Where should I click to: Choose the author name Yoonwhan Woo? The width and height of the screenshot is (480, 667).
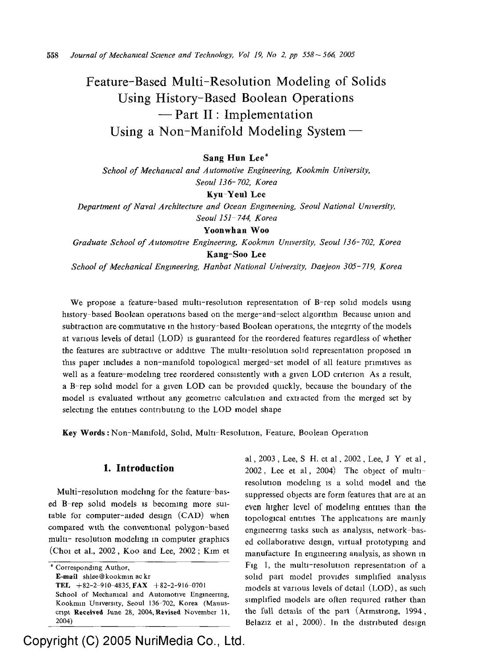(x=236, y=230)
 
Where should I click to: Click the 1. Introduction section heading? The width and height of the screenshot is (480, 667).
(x=138, y=468)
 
